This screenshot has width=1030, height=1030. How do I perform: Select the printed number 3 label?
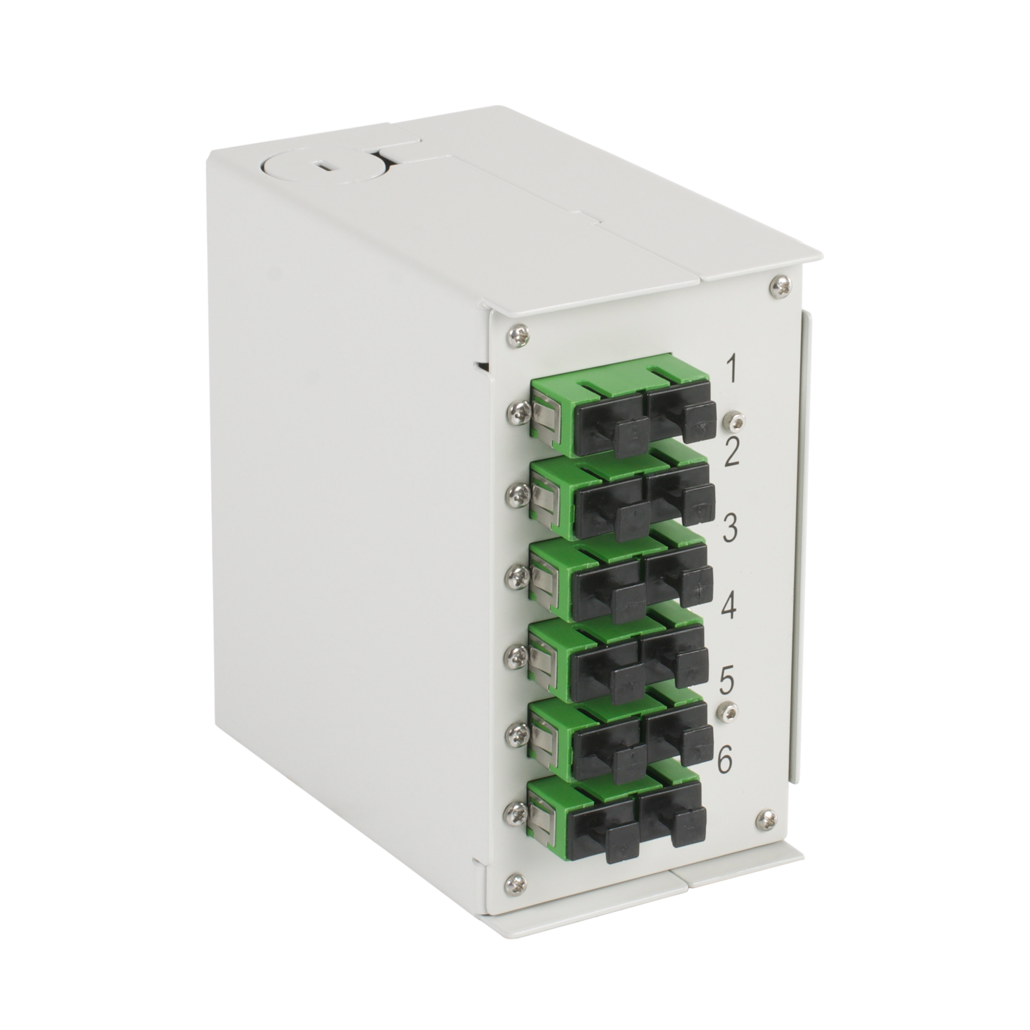(729, 528)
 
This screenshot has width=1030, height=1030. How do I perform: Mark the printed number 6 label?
(724, 761)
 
